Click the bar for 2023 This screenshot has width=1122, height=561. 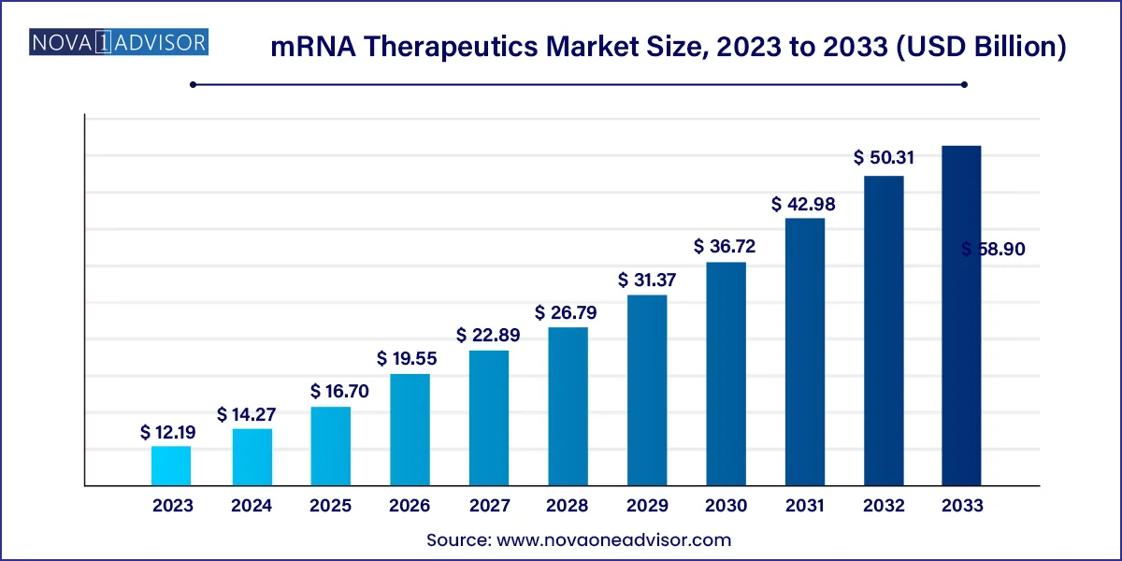[x=171, y=466]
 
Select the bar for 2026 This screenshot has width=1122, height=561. [x=410, y=430]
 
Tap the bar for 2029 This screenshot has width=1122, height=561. [x=647, y=390]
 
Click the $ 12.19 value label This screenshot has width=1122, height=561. [x=171, y=432]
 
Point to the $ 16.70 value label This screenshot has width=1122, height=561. [x=330, y=392]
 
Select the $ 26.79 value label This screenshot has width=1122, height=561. [x=567, y=312]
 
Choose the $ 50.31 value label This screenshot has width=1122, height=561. [x=884, y=158]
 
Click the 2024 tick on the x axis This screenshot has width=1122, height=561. [x=251, y=506]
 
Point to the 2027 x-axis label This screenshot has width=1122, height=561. [x=488, y=506]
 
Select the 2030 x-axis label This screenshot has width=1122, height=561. [x=726, y=506]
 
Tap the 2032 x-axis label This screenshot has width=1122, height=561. [x=884, y=506]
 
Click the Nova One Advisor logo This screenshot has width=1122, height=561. [x=119, y=42]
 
